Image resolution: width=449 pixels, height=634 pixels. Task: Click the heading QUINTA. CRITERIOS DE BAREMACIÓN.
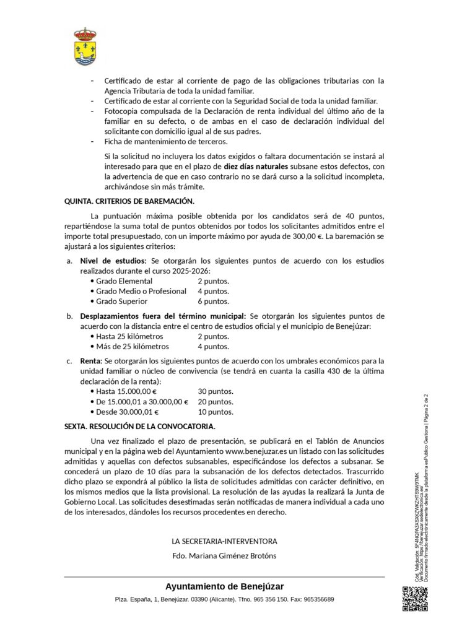tap(129, 201)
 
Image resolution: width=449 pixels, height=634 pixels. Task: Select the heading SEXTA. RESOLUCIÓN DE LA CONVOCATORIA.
tap(140, 427)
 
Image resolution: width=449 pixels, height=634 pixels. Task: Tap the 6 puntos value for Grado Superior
tap(213, 302)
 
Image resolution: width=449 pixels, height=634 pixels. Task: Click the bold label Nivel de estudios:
tap(113, 261)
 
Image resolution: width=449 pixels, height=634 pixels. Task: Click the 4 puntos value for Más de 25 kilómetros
tap(213, 347)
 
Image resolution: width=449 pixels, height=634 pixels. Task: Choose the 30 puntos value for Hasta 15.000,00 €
tap(216, 391)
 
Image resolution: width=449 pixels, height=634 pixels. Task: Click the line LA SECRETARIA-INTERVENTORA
tap(224, 541)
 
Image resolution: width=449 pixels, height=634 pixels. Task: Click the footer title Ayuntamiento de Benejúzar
tap(224, 586)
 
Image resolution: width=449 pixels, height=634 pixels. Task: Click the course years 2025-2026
tap(191, 271)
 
